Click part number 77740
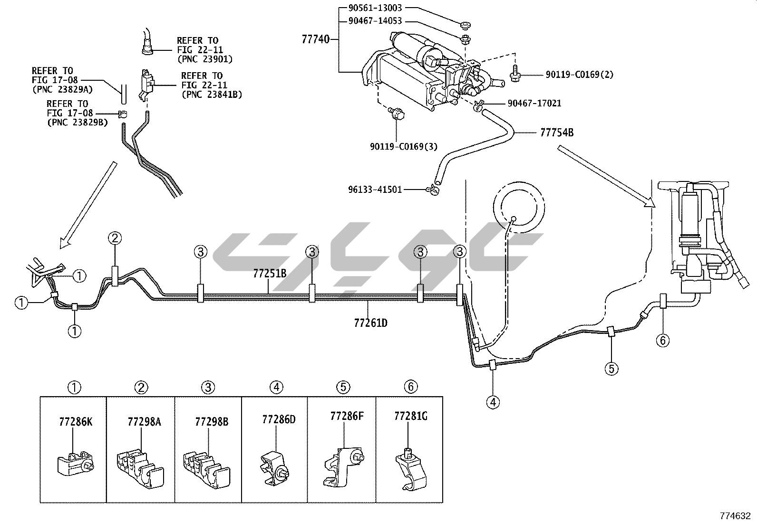(315, 39)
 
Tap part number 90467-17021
(534, 103)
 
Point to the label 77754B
(556, 133)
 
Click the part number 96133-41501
(375, 190)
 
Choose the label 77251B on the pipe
(270, 273)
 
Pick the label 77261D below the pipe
(370, 323)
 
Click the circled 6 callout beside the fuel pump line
(663, 340)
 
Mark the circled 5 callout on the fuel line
(611, 368)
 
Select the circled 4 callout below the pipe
(493, 402)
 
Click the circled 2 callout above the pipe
(115, 238)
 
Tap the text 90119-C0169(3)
(403, 146)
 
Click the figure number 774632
(734, 515)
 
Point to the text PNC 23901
(204, 59)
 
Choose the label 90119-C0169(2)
(579, 75)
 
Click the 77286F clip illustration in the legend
(344, 467)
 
